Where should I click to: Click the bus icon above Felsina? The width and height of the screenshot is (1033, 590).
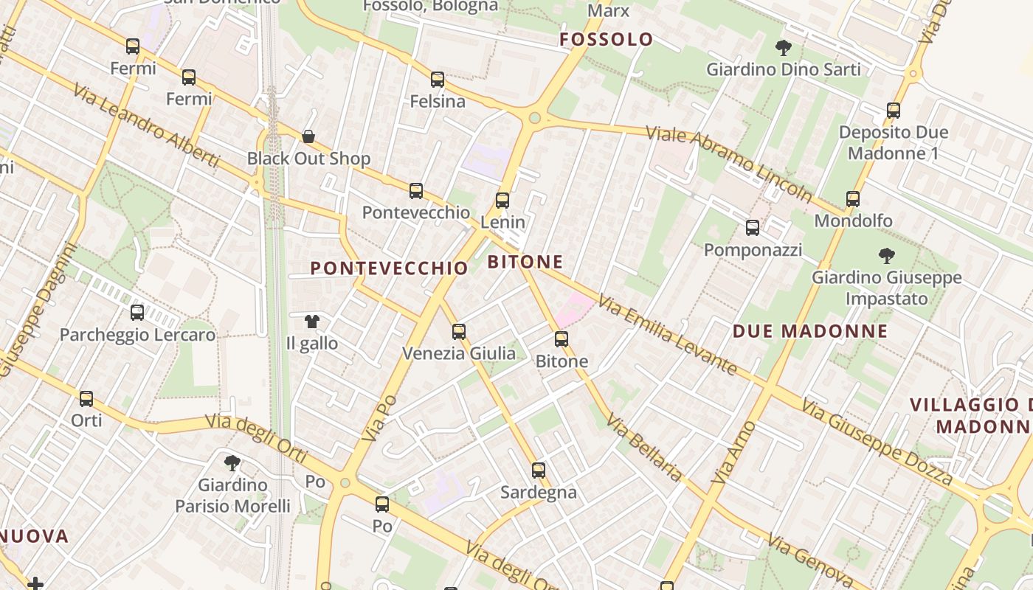pyautogui.click(x=438, y=79)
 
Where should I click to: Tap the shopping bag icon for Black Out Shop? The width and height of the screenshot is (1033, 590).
pyautogui.click(x=308, y=136)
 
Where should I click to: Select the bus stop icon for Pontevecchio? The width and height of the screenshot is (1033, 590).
pyautogui.click(x=416, y=191)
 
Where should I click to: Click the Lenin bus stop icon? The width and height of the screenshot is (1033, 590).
pyautogui.click(x=502, y=200)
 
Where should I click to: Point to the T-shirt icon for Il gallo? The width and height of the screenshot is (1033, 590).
pyautogui.click(x=312, y=322)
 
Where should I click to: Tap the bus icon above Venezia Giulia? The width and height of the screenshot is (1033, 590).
pyautogui.click(x=459, y=331)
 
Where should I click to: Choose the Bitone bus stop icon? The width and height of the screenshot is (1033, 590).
pyautogui.click(x=562, y=339)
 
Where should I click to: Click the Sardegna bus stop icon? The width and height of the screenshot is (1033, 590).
pyautogui.click(x=539, y=470)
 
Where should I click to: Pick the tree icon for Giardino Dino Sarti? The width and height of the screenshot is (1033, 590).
pyautogui.click(x=783, y=48)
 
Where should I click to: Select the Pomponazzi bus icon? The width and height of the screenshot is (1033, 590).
pyautogui.click(x=753, y=228)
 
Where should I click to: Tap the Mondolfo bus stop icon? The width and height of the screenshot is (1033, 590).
pyautogui.click(x=853, y=198)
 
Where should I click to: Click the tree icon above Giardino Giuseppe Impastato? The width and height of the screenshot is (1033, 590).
pyautogui.click(x=886, y=256)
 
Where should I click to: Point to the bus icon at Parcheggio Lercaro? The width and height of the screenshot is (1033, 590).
pyautogui.click(x=137, y=312)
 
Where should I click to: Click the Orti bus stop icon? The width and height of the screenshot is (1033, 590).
pyautogui.click(x=86, y=398)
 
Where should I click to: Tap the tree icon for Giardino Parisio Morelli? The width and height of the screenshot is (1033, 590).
pyautogui.click(x=232, y=463)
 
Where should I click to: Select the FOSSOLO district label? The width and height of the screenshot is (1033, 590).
pyautogui.click(x=607, y=40)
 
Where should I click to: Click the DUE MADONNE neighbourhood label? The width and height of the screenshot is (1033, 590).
pyautogui.click(x=809, y=331)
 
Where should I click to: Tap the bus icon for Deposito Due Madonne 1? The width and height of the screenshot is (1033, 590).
pyautogui.click(x=894, y=111)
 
